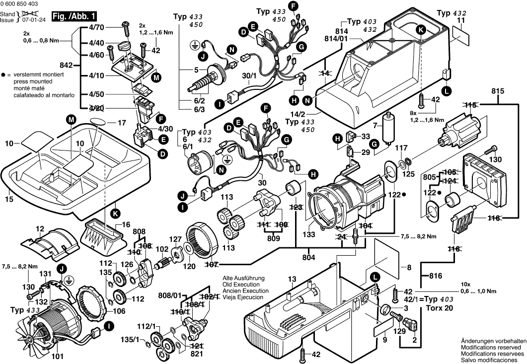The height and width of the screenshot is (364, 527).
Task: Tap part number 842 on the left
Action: click(66, 65)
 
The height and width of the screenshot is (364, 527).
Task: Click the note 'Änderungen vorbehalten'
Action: click(493, 341)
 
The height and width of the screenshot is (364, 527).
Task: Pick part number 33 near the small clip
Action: click(366, 136)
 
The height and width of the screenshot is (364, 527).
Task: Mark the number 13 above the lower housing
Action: click(292, 279)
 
